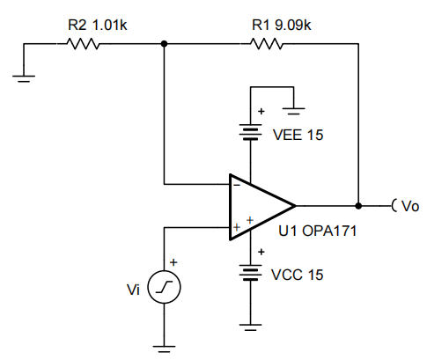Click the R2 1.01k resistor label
98,25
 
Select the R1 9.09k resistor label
282,25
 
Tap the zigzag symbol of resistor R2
84,44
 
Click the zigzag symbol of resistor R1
267,44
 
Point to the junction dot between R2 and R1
165,44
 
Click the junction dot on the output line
358,206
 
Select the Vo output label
410,206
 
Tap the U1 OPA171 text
318,231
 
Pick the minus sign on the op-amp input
237,185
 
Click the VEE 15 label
298,135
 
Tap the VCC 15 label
298,275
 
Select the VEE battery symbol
250,132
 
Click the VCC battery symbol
250,273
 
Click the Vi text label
133,290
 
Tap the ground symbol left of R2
24,78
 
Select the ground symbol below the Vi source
164,349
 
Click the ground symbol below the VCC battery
250,327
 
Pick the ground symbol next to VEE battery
293,111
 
